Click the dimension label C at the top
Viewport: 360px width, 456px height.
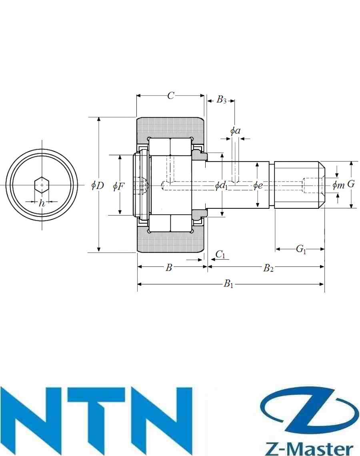[171, 95]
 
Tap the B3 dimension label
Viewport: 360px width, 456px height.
[221, 100]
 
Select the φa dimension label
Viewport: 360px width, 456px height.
[235, 131]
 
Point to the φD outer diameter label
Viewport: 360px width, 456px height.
[98, 185]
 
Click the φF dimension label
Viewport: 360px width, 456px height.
[118, 186]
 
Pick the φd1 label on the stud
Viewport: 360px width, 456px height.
[221, 186]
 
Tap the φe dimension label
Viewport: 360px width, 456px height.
[258, 185]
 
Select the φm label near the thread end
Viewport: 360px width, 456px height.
[338, 184]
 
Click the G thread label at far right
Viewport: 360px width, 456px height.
[351, 184]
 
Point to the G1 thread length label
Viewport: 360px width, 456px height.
[301, 249]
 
